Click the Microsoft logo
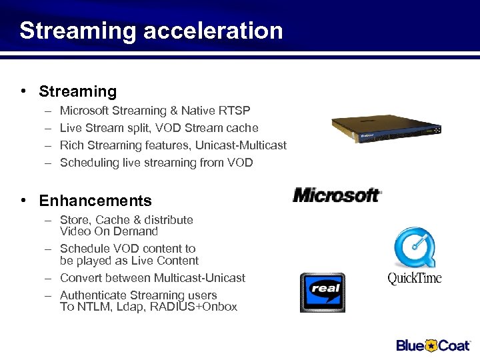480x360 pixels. (x=337, y=195)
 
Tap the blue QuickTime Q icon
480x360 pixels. (x=414, y=247)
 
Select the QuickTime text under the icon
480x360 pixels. (x=414, y=278)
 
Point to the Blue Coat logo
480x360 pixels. (x=433, y=345)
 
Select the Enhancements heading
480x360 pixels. (x=95, y=201)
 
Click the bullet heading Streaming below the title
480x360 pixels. (x=77, y=91)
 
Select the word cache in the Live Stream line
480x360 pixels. (x=243, y=128)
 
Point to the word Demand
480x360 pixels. (x=135, y=232)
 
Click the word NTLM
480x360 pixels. (x=92, y=307)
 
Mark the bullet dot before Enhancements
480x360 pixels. (x=23, y=201)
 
